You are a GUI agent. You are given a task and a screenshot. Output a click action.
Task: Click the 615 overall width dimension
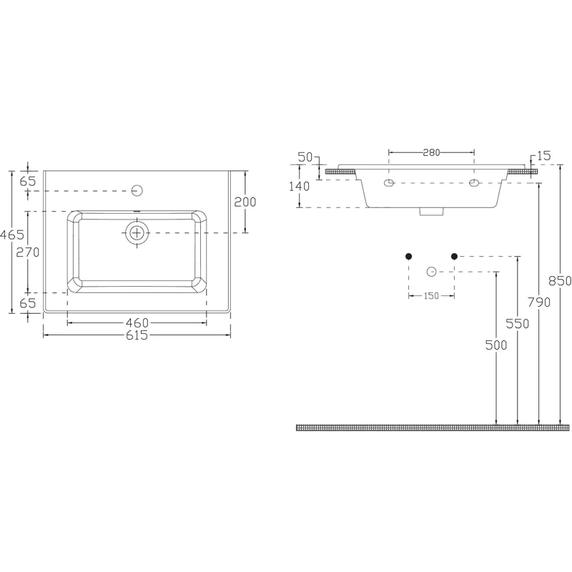coord(137,335)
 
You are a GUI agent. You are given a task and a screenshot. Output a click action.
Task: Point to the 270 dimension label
coord(28,252)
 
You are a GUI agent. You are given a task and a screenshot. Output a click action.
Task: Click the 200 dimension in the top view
coord(245,202)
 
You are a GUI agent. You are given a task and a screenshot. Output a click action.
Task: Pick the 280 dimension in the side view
coord(430,152)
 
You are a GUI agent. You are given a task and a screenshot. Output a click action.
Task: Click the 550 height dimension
coord(518,323)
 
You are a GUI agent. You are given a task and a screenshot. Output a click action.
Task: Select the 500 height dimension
coord(497,346)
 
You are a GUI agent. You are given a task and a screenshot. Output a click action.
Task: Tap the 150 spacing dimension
coord(430,296)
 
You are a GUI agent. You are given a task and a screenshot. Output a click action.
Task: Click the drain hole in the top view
coord(137,232)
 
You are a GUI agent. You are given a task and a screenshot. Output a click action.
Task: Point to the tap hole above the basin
coord(138,190)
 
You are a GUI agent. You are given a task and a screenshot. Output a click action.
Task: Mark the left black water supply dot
coord(408,255)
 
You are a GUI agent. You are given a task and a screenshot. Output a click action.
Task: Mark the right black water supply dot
coord(453,255)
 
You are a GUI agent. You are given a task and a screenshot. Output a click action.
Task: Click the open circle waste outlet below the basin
coord(430,271)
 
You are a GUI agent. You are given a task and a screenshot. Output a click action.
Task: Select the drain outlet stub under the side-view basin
coord(430,211)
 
